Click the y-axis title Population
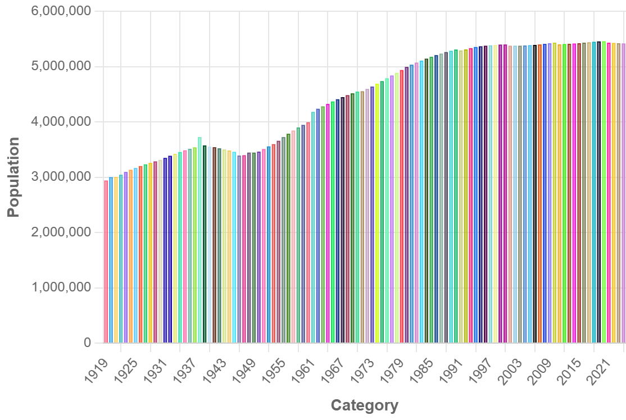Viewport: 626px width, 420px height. pos(13,177)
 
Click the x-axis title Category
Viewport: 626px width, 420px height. pos(364,405)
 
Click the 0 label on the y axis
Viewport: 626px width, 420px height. pos(87,343)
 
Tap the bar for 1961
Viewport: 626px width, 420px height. pos(313,230)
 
